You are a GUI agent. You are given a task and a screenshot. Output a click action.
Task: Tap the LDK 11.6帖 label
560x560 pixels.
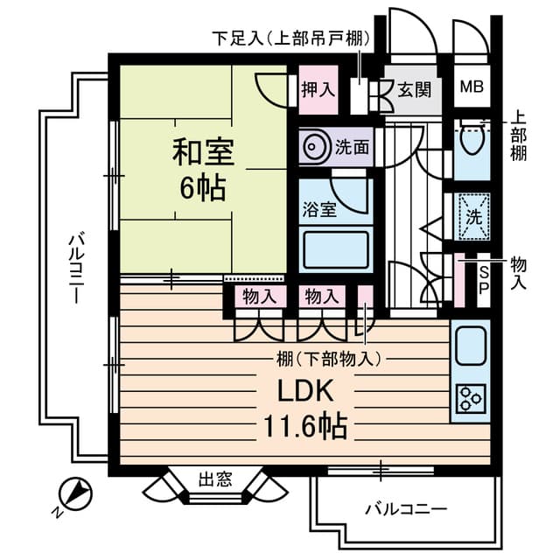[305, 408]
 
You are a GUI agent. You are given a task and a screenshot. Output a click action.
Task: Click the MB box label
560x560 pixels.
[472, 87]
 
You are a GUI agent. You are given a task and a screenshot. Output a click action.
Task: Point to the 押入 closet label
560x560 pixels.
[317, 88]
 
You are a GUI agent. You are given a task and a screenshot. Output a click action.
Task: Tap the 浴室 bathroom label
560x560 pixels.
[316, 210]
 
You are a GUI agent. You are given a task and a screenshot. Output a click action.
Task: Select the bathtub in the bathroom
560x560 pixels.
[336, 249]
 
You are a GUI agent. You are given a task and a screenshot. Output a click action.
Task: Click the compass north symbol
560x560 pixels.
[75, 493]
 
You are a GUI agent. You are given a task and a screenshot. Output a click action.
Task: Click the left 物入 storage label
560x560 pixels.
[259, 297]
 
